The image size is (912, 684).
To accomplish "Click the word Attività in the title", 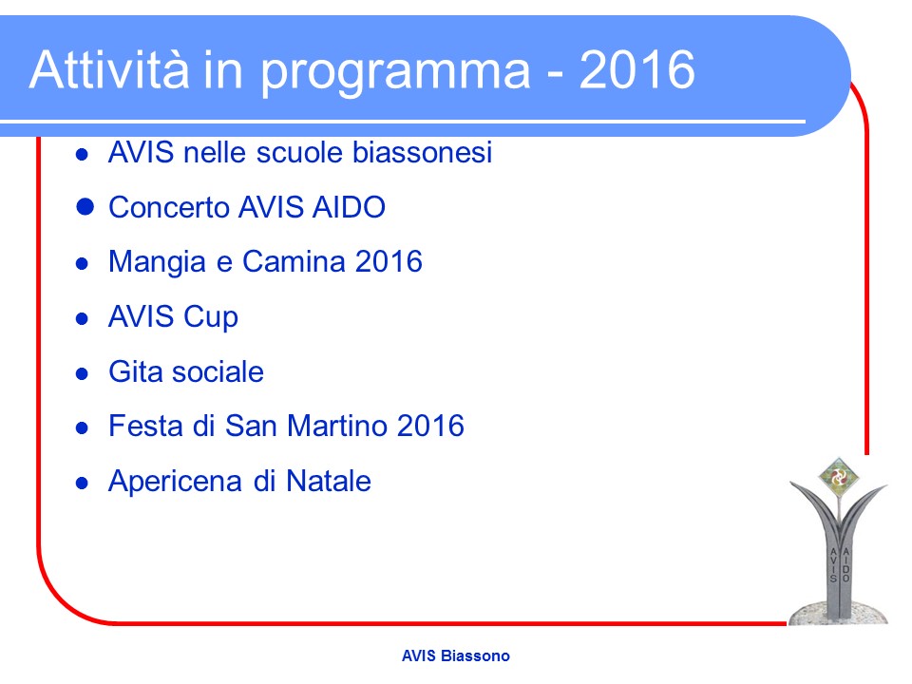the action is [109, 69].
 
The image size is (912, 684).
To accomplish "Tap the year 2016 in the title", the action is [636, 69].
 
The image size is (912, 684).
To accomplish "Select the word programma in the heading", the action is [395, 74].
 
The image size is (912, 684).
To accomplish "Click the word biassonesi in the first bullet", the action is [422, 152].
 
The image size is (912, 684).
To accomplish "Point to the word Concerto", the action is [169, 207].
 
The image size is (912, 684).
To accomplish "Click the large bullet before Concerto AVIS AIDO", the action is [85, 206].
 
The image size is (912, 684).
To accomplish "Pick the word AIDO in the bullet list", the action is [349, 207].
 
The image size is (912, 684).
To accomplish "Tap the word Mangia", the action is [157, 263].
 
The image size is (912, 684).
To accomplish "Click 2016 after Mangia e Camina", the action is [389, 262].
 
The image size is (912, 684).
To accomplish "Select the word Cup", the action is [211, 318].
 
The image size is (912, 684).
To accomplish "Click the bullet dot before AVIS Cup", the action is [82, 318].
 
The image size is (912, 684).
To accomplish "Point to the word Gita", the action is [136, 371].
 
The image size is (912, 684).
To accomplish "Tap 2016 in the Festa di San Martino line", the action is [431, 426].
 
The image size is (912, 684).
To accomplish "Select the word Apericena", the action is [176, 482].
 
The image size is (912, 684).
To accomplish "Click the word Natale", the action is [329, 481].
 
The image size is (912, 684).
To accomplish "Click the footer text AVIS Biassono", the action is [456, 656].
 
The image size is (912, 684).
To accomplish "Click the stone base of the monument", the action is [838, 614].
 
